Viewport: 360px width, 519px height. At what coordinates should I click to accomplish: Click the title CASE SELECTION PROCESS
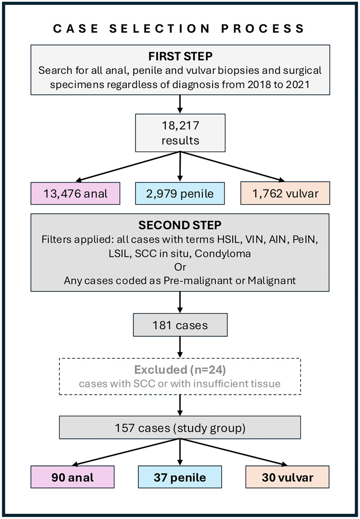coord(179,29)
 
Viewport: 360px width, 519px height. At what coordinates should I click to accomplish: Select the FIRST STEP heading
coord(180,56)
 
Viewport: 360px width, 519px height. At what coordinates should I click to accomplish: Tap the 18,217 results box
coord(180,133)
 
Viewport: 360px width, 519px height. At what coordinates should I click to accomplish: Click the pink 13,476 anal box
coord(76,193)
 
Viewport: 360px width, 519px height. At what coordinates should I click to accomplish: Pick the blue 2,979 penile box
coord(180,193)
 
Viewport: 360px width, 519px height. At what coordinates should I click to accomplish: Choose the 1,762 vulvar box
coord(285,193)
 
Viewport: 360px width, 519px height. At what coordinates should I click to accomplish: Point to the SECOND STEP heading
coord(180,225)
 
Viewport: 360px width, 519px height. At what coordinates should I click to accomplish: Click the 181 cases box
coord(180,325)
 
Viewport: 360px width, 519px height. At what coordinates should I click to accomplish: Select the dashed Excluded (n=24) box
coord(180,376)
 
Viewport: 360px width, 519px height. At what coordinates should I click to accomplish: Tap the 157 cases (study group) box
coord(180,428)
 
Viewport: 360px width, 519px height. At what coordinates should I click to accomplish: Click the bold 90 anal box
coord(72,477)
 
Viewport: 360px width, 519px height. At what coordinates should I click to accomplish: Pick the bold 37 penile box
coord(180,477)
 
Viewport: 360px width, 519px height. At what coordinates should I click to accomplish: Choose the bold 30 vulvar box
coord(287,477)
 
